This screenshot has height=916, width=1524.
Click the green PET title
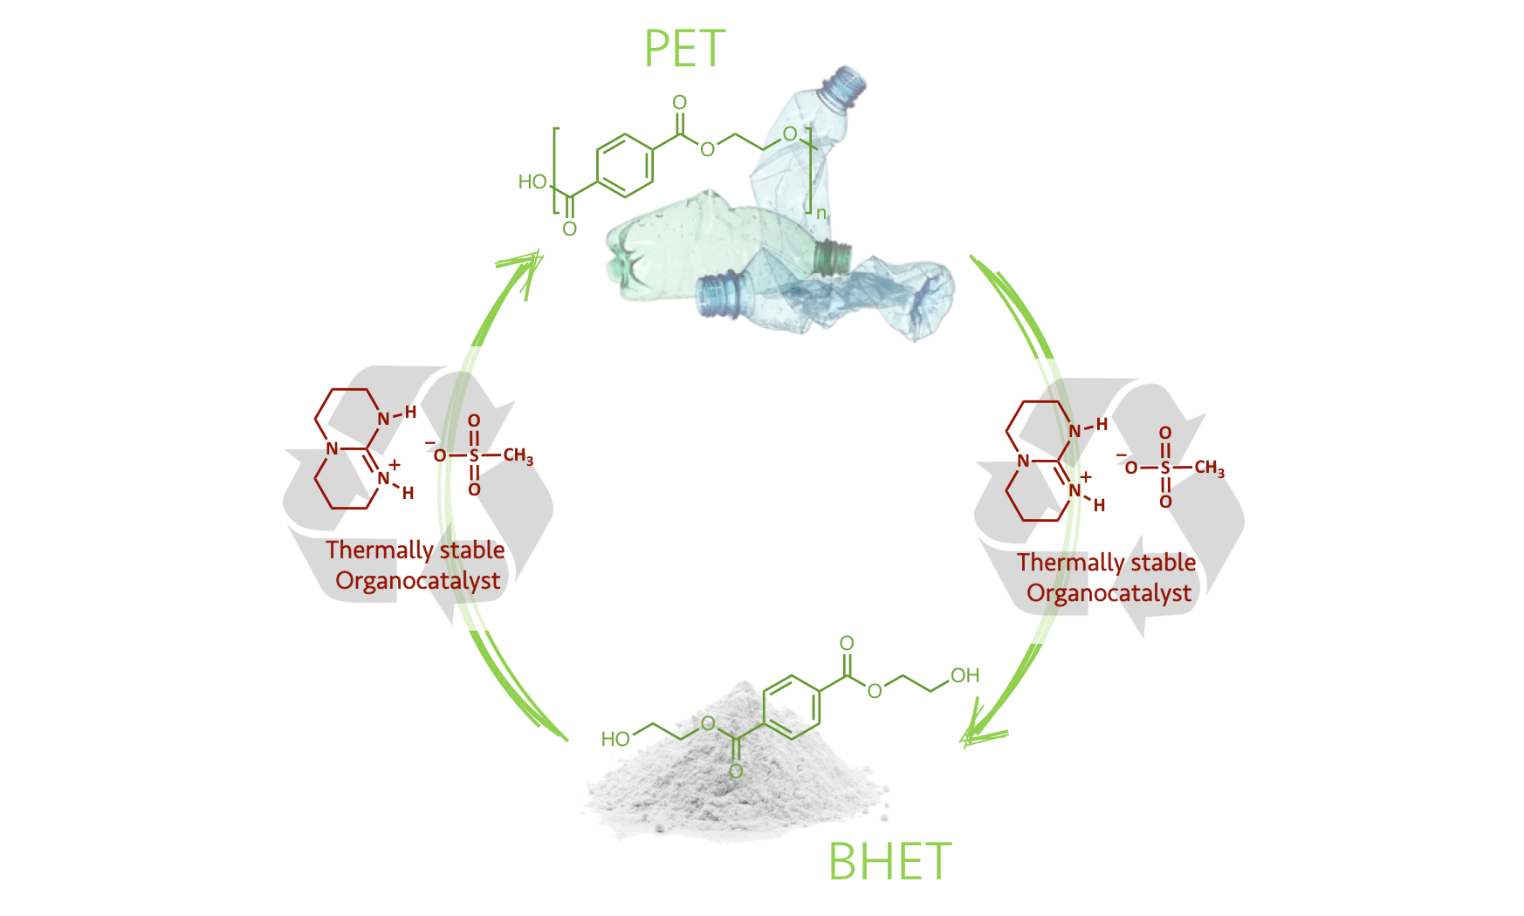pyautogui.click(x=685, y=49)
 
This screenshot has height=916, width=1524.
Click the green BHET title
pyautogui.click(x=889, y=862)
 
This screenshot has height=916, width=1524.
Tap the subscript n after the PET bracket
pyautogui.click(x=820, y=213)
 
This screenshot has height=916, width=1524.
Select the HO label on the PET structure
pyautogui.click(x=532, y=181)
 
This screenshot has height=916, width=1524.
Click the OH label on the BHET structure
pyautogui.click(x=965, y=675)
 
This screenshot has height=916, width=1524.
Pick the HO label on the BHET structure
pyautogui.click(x=615, y=739)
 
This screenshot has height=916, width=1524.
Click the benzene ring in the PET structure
pyautogui.click(x=625, y=164)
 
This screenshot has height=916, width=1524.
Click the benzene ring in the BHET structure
pyautogui.click(x=792, y=708)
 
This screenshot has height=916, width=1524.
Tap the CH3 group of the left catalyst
pyautogui.click(x=518, y=456)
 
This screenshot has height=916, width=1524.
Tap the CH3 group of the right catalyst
pyautogui.click(x=1210, y=468)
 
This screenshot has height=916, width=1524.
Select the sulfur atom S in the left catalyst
pyautogui.click(x=474, y=455)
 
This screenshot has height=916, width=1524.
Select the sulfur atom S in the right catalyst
pyautogui.click(x=1165, y=468)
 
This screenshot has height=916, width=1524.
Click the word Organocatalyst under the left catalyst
pyautogui.click(x=418, y=581)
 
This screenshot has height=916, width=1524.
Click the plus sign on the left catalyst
pyautogui.click(x=395, y=465)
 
